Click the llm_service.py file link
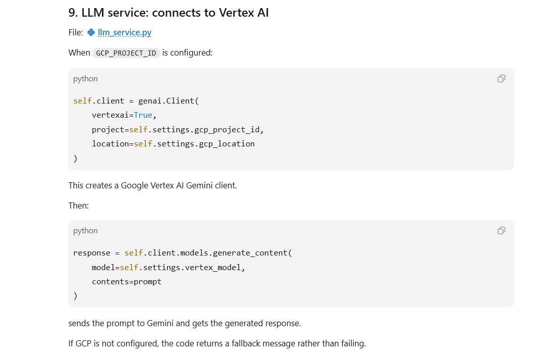point(125,32)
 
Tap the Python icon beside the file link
point(91,32)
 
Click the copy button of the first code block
point(501,79)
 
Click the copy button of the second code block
point(501,231)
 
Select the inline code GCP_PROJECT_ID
point(126,53)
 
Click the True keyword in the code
point(143,115)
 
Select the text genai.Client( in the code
point(169,101)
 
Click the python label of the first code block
point(85,79)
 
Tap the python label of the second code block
point(85,231)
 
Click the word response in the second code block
point(92,253)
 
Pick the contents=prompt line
point(127,282)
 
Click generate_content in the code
point(250,253)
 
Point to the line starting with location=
point(173,144)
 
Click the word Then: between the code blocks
point(79,205)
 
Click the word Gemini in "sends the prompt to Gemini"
point(160,323)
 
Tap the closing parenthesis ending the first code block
point(75,159)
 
